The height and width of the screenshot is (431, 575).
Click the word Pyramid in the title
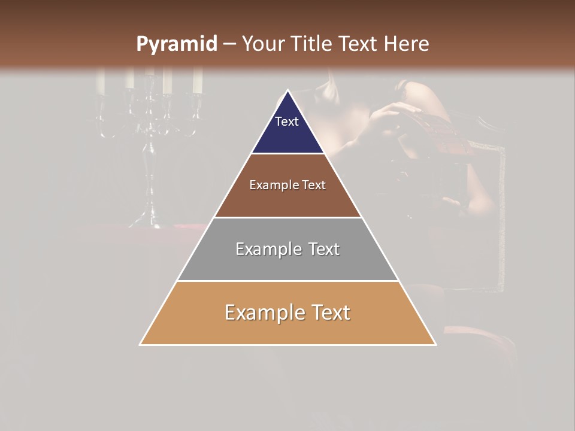pyautogui.click(x=176, y=44)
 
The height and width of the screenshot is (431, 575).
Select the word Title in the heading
pyautogui.click(x=314, y=44)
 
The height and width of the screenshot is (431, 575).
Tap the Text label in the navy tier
pyautogui.click(x=287, y=122)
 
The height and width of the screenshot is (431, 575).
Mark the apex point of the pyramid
pyautogui.click(x=287, y=91)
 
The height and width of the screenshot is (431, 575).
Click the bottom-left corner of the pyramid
pyautogui.click(x=140, y=344)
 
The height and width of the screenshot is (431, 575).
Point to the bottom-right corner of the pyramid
pyautogui.click(x=435, y=344)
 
